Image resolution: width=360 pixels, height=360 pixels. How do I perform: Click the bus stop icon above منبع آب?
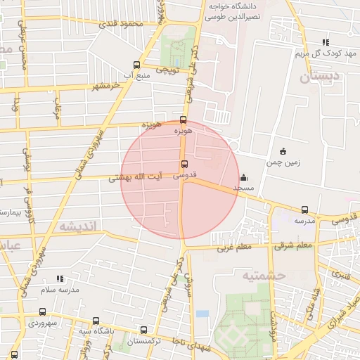(136, 64)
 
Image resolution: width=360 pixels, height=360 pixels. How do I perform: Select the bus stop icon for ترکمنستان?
(144, 330)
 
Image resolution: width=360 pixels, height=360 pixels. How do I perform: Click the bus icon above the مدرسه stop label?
(304, 210)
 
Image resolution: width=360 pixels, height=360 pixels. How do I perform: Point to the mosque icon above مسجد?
(243, 177)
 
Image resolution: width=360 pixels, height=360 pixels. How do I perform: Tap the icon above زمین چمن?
(283, 151)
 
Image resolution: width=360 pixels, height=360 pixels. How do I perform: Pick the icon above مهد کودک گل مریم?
(325, 43)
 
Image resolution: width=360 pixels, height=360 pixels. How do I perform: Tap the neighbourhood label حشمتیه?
(264, 276)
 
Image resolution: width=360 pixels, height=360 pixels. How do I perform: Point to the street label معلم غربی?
(233, 247)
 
